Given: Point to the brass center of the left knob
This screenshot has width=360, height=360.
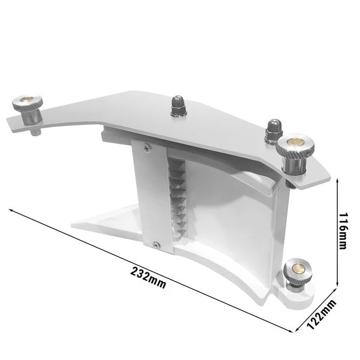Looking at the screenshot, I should (x=28, y=100).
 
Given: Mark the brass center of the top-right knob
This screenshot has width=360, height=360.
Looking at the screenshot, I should (x=295, y=141).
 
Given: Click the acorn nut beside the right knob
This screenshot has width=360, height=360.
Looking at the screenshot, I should (x=272, y=126).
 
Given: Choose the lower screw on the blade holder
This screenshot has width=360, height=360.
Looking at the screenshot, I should (x=157, y=244).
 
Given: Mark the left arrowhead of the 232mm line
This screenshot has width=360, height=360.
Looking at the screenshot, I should (x=10, y=209).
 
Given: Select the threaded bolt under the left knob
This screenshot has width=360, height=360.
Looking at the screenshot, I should (x=33, y=127).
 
